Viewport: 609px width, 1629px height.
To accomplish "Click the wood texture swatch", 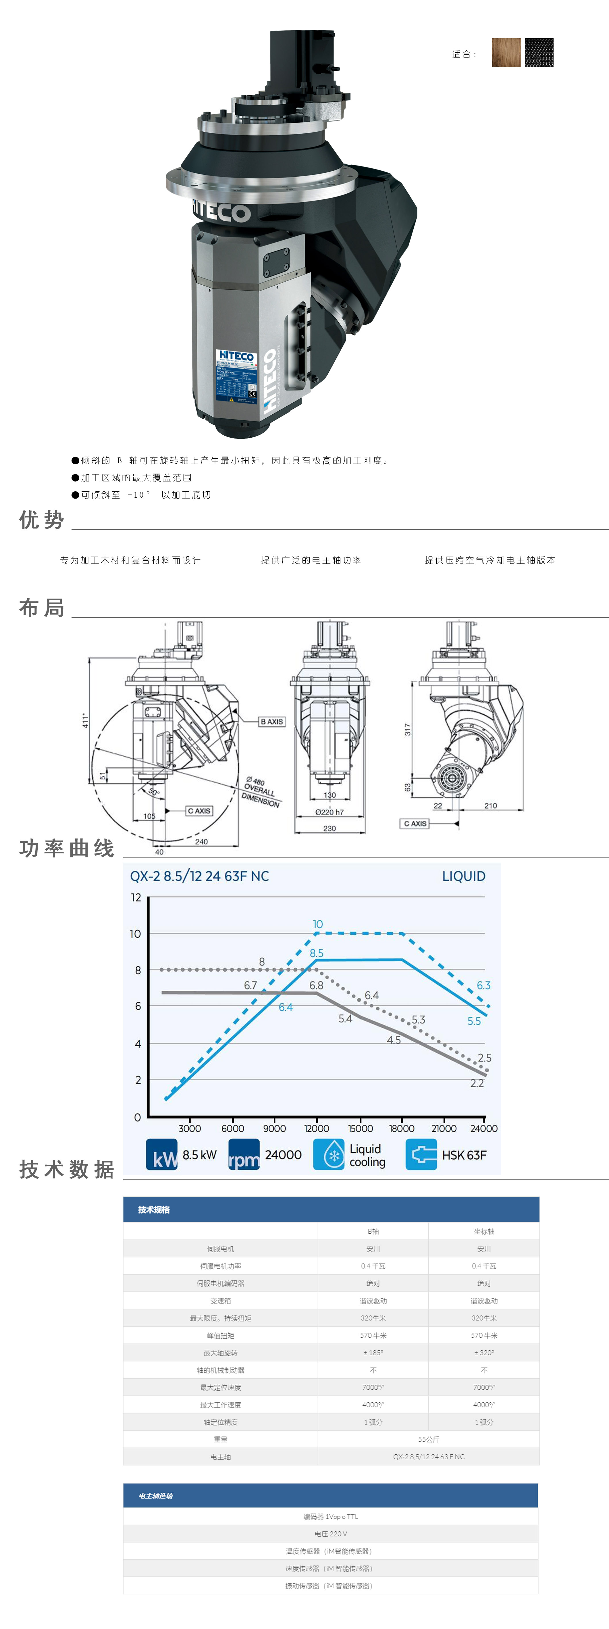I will pyautogui.click(x=506, y=53).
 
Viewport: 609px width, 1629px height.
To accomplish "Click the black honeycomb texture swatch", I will pyautogui.click(x=539, y=53).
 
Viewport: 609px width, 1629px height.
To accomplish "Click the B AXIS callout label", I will pyautogui.click(x=272, y=722).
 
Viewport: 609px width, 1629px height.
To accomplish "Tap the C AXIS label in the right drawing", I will pyautogui.click(x=415, y=823).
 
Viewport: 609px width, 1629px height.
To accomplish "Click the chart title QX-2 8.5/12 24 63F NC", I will pyautogui.click(x=199, y=876).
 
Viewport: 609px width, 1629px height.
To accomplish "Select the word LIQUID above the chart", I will pyautogui.click(x=464, y=876).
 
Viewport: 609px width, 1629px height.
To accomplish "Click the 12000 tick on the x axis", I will pyautogui.click(x=316, y=1128).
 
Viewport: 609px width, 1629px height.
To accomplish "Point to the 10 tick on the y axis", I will pyautogui.click(x=135, y=933).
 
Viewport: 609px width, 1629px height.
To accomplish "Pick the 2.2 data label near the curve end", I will pyautogui.click(x=477, y=1083).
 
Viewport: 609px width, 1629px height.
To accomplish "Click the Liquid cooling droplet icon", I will pyautogui.click(x=329, y=1155).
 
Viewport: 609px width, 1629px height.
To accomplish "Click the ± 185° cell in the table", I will pyautogui.click(x=373, y=1353).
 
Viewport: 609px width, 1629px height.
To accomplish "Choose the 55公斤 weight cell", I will pyautogui.click(x=428, y=1439).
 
